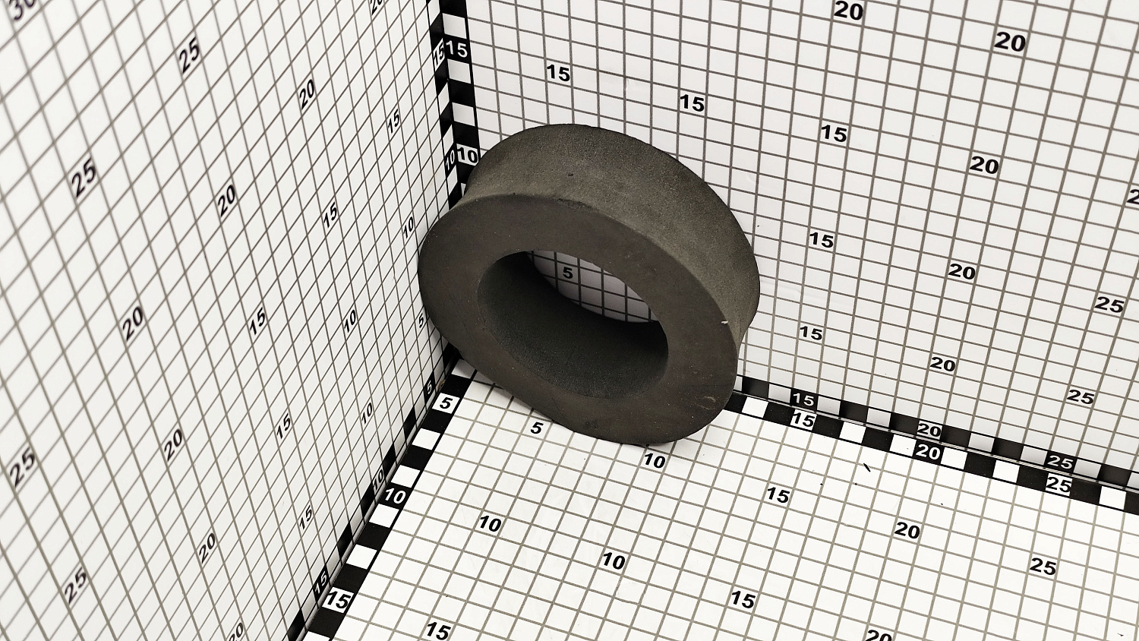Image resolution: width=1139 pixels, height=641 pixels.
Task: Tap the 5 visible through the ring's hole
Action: click(567, 273)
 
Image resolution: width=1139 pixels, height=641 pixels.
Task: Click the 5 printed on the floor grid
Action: click(536, 428)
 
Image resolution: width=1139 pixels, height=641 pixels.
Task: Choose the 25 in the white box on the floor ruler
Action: click(1059, 485)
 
